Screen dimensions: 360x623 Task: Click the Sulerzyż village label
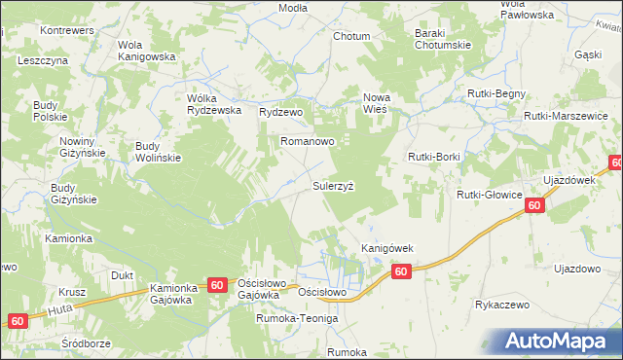(x=339, y=183)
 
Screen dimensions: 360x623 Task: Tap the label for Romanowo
(x=308, y=141)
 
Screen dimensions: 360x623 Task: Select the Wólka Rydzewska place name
(x=213, y=103)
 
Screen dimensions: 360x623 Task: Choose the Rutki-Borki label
(x=434, y=156)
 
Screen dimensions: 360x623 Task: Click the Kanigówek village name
(x=387, y=248)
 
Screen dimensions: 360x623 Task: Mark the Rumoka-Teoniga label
(x=296, y=318)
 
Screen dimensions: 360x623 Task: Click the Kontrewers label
(x=65, y=30)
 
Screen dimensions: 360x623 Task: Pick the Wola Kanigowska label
(x=145, y=51)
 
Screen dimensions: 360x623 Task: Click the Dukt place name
(x=122, y=275)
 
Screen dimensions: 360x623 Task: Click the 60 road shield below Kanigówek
(x=401, y=273)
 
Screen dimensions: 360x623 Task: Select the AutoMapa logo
(x=559, y=342)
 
